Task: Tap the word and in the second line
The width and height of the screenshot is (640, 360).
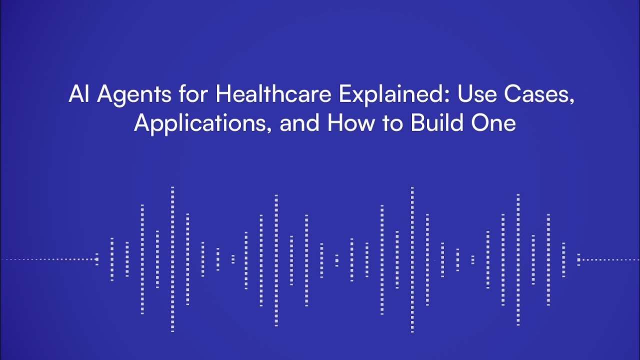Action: point(299,123)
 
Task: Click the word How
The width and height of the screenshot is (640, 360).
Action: point(350,123)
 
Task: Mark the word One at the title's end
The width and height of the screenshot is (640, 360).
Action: point(494,123)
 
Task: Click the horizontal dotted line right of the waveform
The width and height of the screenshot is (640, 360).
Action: point(610,259)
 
